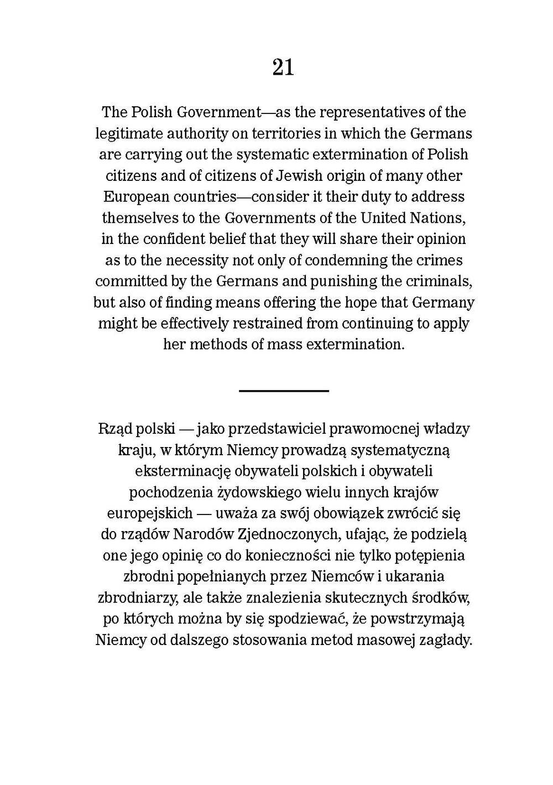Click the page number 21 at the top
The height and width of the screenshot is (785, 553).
coord(283,68)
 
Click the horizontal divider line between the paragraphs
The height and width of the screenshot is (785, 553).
coord(284,391)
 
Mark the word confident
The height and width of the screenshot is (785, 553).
coord(176,239)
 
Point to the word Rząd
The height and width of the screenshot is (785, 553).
coord(113,429)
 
